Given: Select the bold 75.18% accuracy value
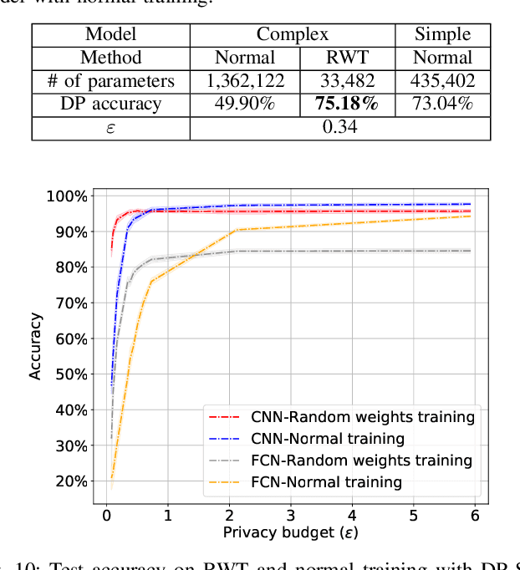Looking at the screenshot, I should point(346,104).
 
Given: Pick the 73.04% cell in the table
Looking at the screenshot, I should point(443,104).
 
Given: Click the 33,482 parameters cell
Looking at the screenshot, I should point(346,81).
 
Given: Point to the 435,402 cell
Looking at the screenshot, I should point(443,81).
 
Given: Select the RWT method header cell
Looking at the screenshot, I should point(346,58).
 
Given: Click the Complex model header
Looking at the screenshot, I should point(293,35).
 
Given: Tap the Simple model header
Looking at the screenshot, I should point(443,35).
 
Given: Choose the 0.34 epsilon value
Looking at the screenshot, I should point(339,128).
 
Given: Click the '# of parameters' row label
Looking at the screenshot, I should point(111,81).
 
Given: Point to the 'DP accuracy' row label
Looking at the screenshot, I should point(111,104).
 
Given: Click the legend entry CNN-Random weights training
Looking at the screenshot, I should point(363,416).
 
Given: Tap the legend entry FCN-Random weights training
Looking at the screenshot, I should point(361,461).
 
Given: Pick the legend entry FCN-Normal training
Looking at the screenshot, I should point(326,482).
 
